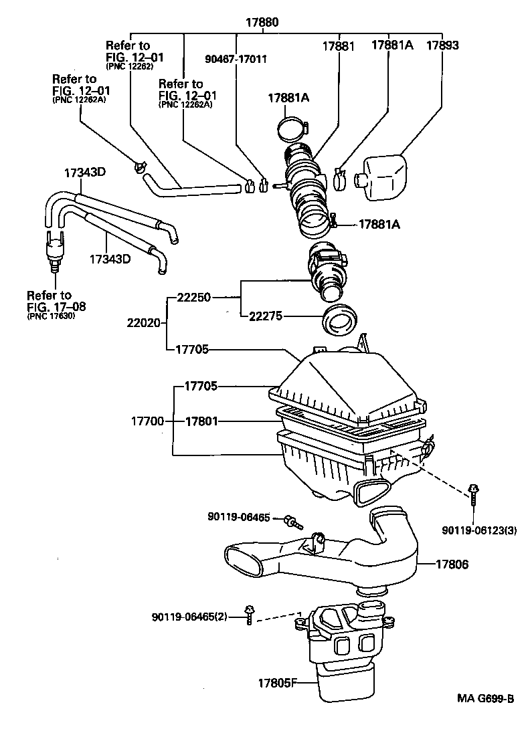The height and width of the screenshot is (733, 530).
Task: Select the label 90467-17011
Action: tap(236, 59)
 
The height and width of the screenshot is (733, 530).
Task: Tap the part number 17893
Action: tap(442, 46)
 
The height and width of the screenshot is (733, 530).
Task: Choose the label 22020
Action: tap(143, 322)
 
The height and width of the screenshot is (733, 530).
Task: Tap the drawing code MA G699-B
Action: tap(486, 699)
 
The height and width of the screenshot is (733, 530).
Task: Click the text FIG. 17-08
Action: tap(56, 306)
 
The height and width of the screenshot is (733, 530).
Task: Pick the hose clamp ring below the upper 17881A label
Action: tap(294, 124)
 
